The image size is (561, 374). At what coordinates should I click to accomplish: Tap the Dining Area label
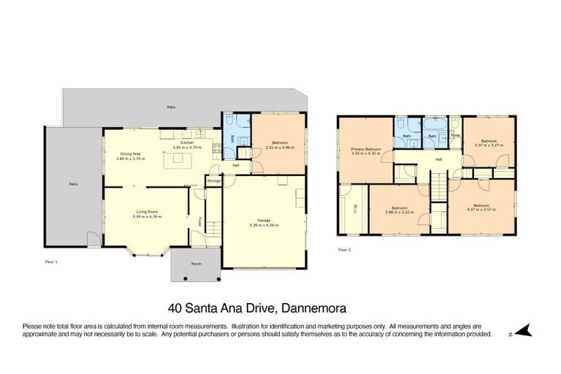point(131,154)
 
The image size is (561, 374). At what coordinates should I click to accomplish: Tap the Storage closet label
point(213,180)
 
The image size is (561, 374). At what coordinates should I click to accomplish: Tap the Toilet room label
point(455,135)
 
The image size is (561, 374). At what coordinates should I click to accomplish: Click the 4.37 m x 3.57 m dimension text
point(481,210)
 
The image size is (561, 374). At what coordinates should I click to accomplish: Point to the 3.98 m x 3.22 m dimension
point(399,213)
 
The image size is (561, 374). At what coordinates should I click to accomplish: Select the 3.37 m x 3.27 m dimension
point(489,145)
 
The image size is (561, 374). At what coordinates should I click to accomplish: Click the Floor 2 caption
point(344,250)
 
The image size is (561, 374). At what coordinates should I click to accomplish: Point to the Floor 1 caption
point(50,260)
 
